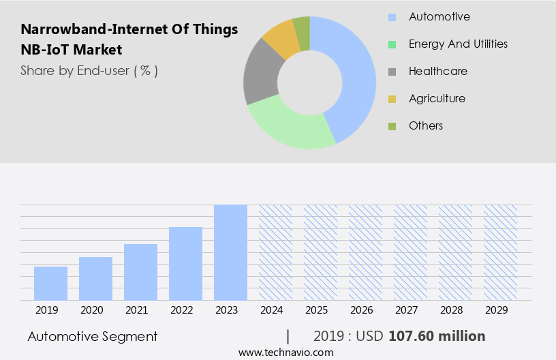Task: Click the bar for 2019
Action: pyautogui.click(x=50, y=283)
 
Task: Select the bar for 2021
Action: pyautogui.click(x=140, y=271)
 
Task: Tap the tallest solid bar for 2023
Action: pyautogui.click(x=230, y=252)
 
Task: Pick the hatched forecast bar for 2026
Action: pyautogui.click(x=365, y=252)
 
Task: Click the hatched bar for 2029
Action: pyautogui.click(x=500, y=252)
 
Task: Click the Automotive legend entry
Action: pyautogui.click(x=439, y=16)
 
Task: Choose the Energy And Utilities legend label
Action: pyautogui.click(x=458, y=44)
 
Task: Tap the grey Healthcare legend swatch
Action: pyautogui.click(x=392, y=72)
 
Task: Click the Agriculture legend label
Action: pyautogui.click(x=437, y=98)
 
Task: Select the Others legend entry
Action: pyautogui.click(x=426, y=125)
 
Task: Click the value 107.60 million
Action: pyautogui.click(x=437, y=336)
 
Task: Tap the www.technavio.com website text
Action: pyautogui.click(x=285, y=352)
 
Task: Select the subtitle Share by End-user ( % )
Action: pyautogui.click(x=89, y=70)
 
